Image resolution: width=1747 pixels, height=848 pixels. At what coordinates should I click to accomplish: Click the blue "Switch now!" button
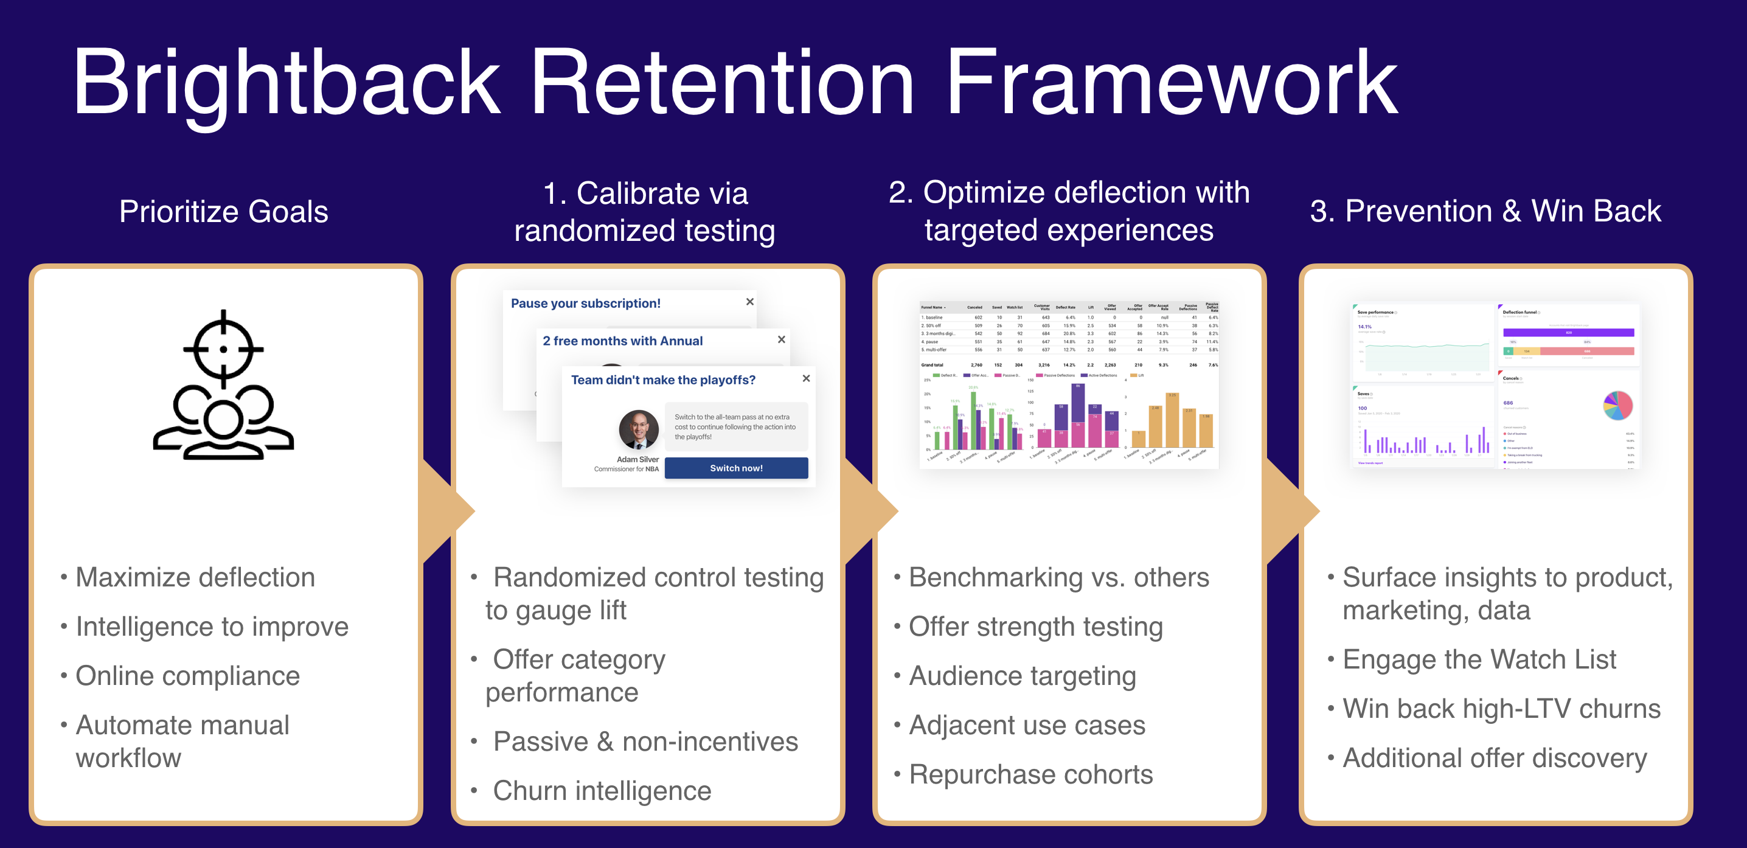point(736,468)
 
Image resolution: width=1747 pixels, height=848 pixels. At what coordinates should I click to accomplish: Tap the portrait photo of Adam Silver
point(638,429)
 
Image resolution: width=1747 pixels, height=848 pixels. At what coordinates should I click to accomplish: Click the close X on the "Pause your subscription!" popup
point(749,302)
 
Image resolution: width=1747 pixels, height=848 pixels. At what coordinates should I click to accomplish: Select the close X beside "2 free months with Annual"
point(781,339)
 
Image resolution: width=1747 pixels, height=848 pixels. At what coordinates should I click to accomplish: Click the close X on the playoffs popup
point(806,378)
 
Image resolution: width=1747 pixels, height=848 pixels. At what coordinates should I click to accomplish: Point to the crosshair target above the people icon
point(223,349)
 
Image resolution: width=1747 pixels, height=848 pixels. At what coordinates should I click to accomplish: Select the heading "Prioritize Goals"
point(224,212)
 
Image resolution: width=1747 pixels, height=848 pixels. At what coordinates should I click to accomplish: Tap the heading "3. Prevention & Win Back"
point(1485,211)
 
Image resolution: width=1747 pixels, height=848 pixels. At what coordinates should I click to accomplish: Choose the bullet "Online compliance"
point(187,676)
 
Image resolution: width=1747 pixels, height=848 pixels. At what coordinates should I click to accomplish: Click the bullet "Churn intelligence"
point(602,791)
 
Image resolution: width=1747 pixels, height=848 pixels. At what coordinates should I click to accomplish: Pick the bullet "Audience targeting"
point(1022,676)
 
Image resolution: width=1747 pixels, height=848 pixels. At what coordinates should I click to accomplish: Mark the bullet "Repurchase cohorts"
point(1030,774)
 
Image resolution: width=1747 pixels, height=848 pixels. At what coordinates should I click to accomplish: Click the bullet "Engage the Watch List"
point(1479,659)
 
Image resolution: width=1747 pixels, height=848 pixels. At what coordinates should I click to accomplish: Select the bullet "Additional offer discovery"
point(1494,758)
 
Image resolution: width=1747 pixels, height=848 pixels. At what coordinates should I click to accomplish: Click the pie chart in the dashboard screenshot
point(1617,406)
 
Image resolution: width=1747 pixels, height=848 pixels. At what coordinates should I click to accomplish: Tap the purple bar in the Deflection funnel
point(1568,332)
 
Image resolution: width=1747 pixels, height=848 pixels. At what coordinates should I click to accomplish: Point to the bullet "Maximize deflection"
point(195,577)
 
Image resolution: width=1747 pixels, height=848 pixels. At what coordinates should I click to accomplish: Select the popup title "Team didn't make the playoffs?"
point(662,380)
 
